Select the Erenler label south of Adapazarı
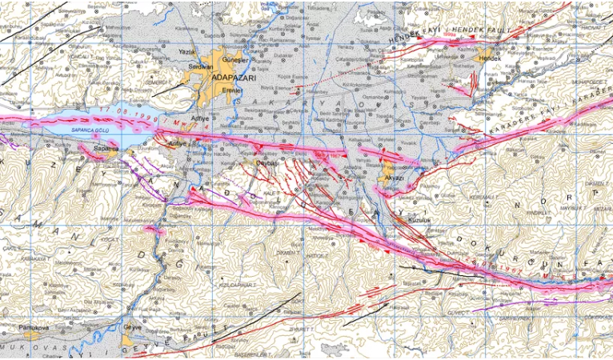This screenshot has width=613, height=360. point(233,90)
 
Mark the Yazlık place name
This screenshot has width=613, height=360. point(187,50)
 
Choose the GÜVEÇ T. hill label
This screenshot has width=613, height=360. point(457,314)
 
